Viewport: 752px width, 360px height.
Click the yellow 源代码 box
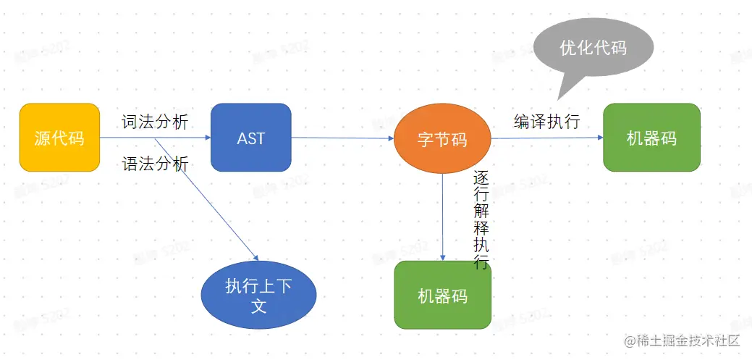click(59, 138)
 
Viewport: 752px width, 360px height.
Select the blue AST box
click(250, 138)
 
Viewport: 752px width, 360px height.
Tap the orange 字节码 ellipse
click(442, 140)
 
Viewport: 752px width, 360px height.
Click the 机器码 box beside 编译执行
click(651, 138)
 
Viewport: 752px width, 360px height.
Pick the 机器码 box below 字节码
click(442, 296)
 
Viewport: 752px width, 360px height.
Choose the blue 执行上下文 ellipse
click(258, 296)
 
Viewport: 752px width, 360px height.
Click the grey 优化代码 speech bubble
click(593, 49)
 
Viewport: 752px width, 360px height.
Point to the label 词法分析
click(155, 122)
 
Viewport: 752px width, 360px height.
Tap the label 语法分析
click(155, 164)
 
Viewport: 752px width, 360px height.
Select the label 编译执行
click(547, 121)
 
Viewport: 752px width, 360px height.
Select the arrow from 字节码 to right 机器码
click(546, 138)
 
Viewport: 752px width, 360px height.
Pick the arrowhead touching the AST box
click(206, 138)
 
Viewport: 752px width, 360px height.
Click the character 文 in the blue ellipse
click(258, 306)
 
